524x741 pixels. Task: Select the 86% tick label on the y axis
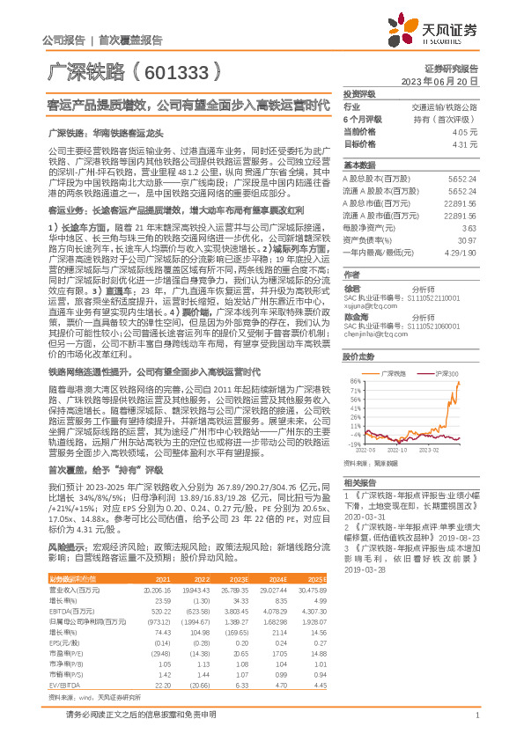click(x=352, y=381)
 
